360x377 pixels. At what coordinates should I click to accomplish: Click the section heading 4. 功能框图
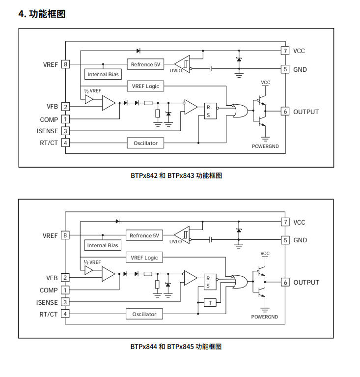coord(42,14)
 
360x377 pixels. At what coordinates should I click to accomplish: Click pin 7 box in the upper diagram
coord(285,51)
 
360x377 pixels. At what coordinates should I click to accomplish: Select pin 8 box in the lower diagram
coord(65,235)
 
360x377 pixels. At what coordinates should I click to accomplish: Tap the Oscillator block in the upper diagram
coord(145,143)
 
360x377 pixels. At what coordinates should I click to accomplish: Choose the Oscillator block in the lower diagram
coord(144,314)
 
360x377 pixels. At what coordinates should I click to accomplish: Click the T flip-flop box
coord(210,302)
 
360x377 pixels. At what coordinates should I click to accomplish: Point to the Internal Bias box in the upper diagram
coord(103,74)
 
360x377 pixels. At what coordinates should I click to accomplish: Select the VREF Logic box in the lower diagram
coord(144,258)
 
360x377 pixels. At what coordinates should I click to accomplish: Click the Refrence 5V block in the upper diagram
coord(145,64)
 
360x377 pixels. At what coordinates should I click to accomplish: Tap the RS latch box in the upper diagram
coord(210,111)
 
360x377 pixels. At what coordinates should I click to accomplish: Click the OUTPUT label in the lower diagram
coord(306,282)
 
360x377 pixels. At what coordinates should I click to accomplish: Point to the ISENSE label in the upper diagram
coord(47,131)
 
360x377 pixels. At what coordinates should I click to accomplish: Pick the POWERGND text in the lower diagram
coord(265,317)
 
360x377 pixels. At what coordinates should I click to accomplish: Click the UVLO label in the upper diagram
coord(176,71)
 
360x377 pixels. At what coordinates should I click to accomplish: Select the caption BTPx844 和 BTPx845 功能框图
coord(176,347)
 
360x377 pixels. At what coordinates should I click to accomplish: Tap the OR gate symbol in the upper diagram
coord(240,111)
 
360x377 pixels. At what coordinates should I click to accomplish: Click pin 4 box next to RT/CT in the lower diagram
coord(65,314)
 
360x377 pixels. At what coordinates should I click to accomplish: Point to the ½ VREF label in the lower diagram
coord(92,262)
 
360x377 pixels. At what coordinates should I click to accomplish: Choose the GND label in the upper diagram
coord(300,69)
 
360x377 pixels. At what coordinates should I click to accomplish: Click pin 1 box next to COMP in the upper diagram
coord(65,119)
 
